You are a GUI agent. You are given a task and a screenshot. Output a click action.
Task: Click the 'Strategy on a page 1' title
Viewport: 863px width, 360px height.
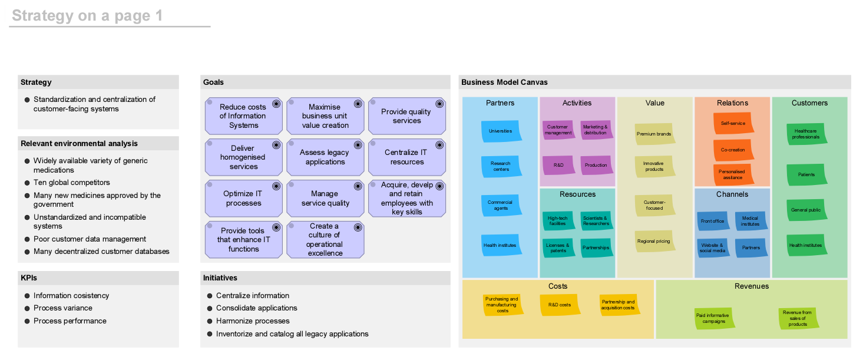87,15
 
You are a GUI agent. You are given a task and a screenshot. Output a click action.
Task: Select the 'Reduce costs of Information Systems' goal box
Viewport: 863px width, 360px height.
243,116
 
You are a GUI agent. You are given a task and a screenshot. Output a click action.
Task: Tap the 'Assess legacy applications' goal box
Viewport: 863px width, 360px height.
325,157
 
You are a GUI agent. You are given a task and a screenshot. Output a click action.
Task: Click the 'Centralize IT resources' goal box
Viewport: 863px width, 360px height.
407,157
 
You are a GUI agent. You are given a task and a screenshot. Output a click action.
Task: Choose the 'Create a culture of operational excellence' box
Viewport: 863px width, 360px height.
325,239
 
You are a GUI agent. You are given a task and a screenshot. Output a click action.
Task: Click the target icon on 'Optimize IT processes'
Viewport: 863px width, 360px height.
276,186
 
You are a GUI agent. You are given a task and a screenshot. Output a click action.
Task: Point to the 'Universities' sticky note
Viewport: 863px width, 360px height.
501,131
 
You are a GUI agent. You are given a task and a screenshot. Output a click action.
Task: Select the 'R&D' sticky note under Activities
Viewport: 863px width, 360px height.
558,165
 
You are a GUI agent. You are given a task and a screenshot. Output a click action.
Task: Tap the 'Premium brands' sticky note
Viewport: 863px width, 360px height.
654,134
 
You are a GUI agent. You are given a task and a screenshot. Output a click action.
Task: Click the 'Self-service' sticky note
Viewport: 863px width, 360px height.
733,123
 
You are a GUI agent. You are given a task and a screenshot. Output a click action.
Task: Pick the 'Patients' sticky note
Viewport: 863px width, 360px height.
806,174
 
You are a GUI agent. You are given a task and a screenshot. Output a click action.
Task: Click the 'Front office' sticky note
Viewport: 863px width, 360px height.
713,221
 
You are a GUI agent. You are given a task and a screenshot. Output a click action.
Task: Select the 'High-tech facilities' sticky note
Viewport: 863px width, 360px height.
558,221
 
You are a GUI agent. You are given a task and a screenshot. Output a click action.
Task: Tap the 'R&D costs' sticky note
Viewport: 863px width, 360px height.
560,305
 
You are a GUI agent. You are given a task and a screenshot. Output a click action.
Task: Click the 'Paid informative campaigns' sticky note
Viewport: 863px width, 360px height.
715,318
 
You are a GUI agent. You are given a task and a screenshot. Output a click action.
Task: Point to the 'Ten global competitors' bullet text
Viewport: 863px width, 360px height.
72,182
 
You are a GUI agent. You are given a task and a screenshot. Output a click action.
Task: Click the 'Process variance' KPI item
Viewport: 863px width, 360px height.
63,308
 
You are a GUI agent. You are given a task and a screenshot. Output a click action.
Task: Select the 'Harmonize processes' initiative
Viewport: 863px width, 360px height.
253,321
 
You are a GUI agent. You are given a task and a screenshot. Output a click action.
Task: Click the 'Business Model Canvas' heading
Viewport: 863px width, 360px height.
504,82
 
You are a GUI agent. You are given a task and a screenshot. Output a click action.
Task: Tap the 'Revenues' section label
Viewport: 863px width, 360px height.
752,286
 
